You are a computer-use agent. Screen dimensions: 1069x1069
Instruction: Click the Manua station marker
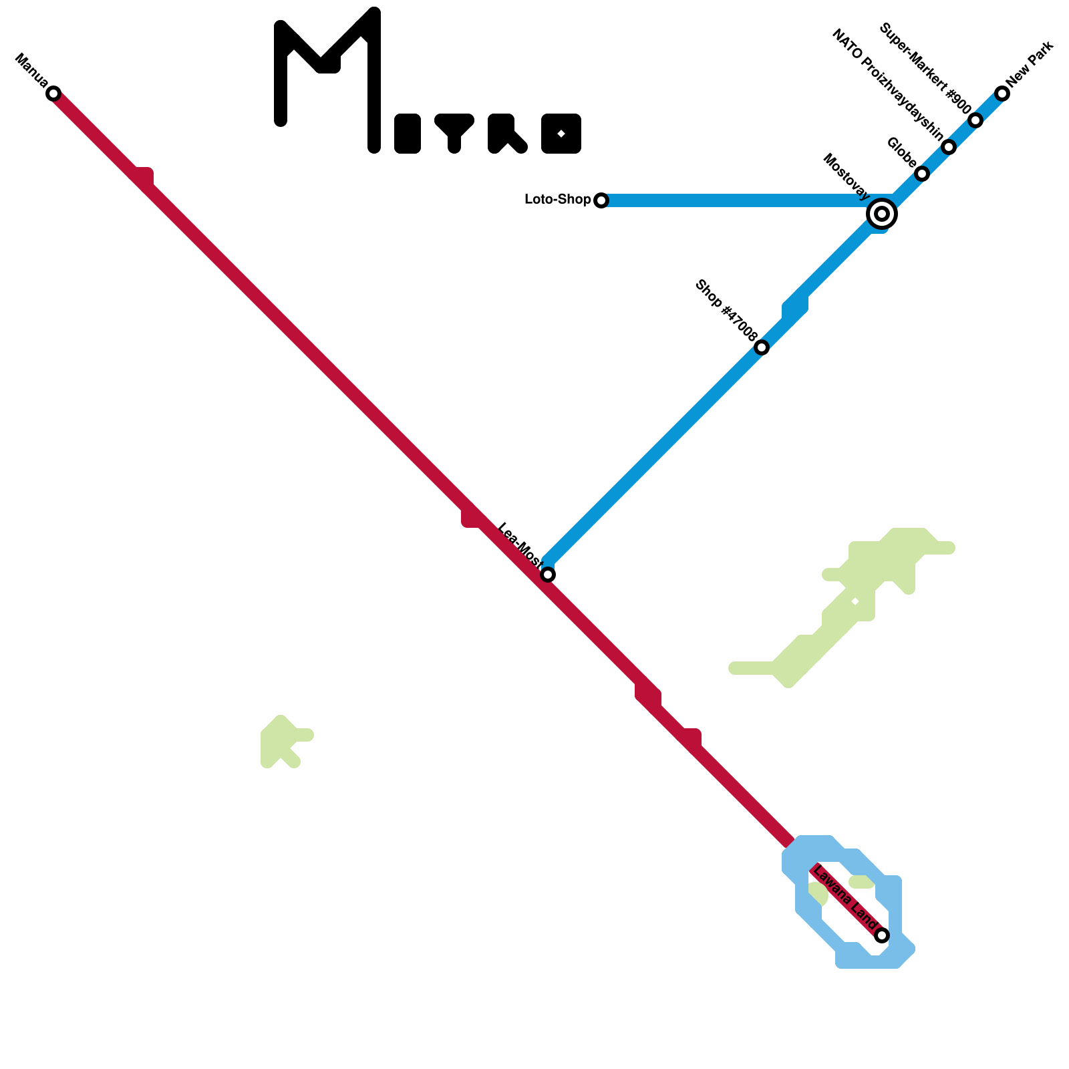click(53, 94)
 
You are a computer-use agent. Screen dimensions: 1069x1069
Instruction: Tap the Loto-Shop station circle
click(601, 200)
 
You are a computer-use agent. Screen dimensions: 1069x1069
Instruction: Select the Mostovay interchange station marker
click(882, 214)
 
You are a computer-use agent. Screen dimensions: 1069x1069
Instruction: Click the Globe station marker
click(922, 174)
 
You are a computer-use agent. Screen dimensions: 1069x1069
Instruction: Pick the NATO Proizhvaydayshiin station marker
click(949, 147)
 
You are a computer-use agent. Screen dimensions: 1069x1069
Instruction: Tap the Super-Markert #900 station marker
click(975, 120)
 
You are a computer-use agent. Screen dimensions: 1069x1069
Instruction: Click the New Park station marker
click(1002, 94)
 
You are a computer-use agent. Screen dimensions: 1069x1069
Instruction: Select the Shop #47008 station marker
click(762, 347)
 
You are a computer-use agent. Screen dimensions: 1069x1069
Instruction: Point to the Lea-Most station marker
click(548, 575)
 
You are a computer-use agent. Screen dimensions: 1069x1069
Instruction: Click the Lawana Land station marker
click(882, 935)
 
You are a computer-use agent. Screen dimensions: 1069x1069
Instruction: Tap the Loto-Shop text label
click(558, 200)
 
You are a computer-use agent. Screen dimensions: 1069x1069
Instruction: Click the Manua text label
click(31, 71)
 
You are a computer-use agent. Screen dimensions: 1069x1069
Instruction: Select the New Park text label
click(1030, 64)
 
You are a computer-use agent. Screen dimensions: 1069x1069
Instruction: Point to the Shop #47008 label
click(726, 311)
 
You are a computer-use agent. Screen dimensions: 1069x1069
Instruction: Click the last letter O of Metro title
click(561, 134)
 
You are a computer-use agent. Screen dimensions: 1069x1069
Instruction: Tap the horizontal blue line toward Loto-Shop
click(735, 200)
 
